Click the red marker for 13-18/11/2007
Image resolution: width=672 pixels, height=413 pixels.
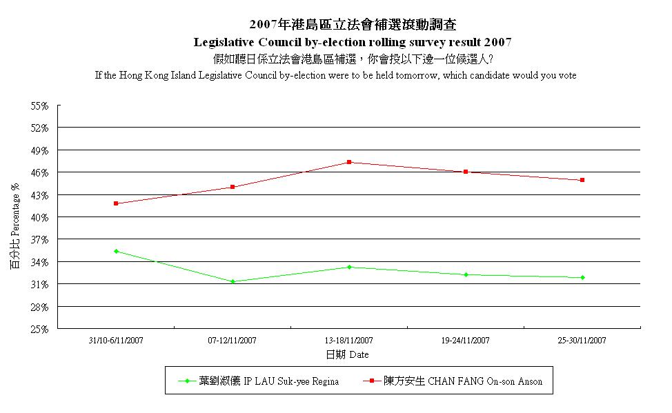[349, 162]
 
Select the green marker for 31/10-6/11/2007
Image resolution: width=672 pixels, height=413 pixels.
[116, 251]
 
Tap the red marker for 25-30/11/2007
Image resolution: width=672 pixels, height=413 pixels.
[582, 180]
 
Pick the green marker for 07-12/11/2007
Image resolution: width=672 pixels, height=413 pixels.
[233, 281]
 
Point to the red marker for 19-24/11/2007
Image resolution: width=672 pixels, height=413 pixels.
[466, 172]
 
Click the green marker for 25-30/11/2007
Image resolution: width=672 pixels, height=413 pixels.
[582, 277]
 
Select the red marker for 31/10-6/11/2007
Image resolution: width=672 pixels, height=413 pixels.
[116, 203]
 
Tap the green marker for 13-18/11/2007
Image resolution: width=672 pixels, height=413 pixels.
[349, 267]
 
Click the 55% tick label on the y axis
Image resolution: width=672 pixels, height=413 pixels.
[39, 106]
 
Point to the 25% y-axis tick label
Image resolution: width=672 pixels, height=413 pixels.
[39, 329]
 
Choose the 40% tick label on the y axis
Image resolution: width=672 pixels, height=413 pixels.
[39, 217]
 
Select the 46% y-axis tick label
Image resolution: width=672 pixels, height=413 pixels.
[39, 172]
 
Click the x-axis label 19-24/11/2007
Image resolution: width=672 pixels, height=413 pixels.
[465, 341]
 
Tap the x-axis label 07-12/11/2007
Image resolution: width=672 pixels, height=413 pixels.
[233, 341]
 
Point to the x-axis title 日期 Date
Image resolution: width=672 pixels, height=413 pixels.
[347, 354]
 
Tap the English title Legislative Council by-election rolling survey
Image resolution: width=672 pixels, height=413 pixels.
[353, 42]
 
